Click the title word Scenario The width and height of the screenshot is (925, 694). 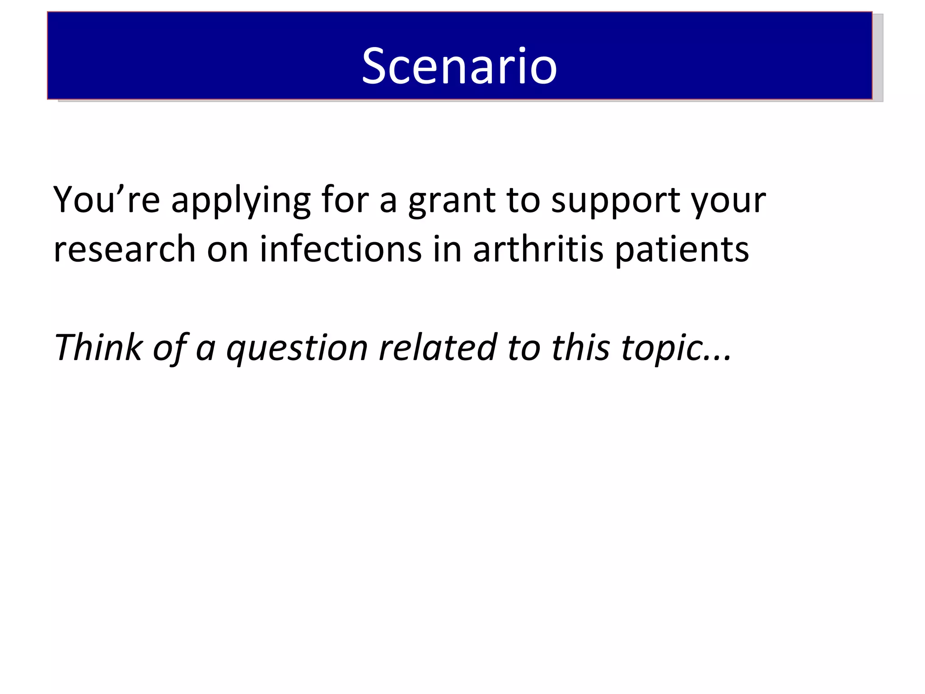459,66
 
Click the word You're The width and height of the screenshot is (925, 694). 106,200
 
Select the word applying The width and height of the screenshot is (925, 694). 241,201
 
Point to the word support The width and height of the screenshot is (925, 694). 616,201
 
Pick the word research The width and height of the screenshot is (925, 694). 124,249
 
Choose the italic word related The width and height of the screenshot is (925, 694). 438,347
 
